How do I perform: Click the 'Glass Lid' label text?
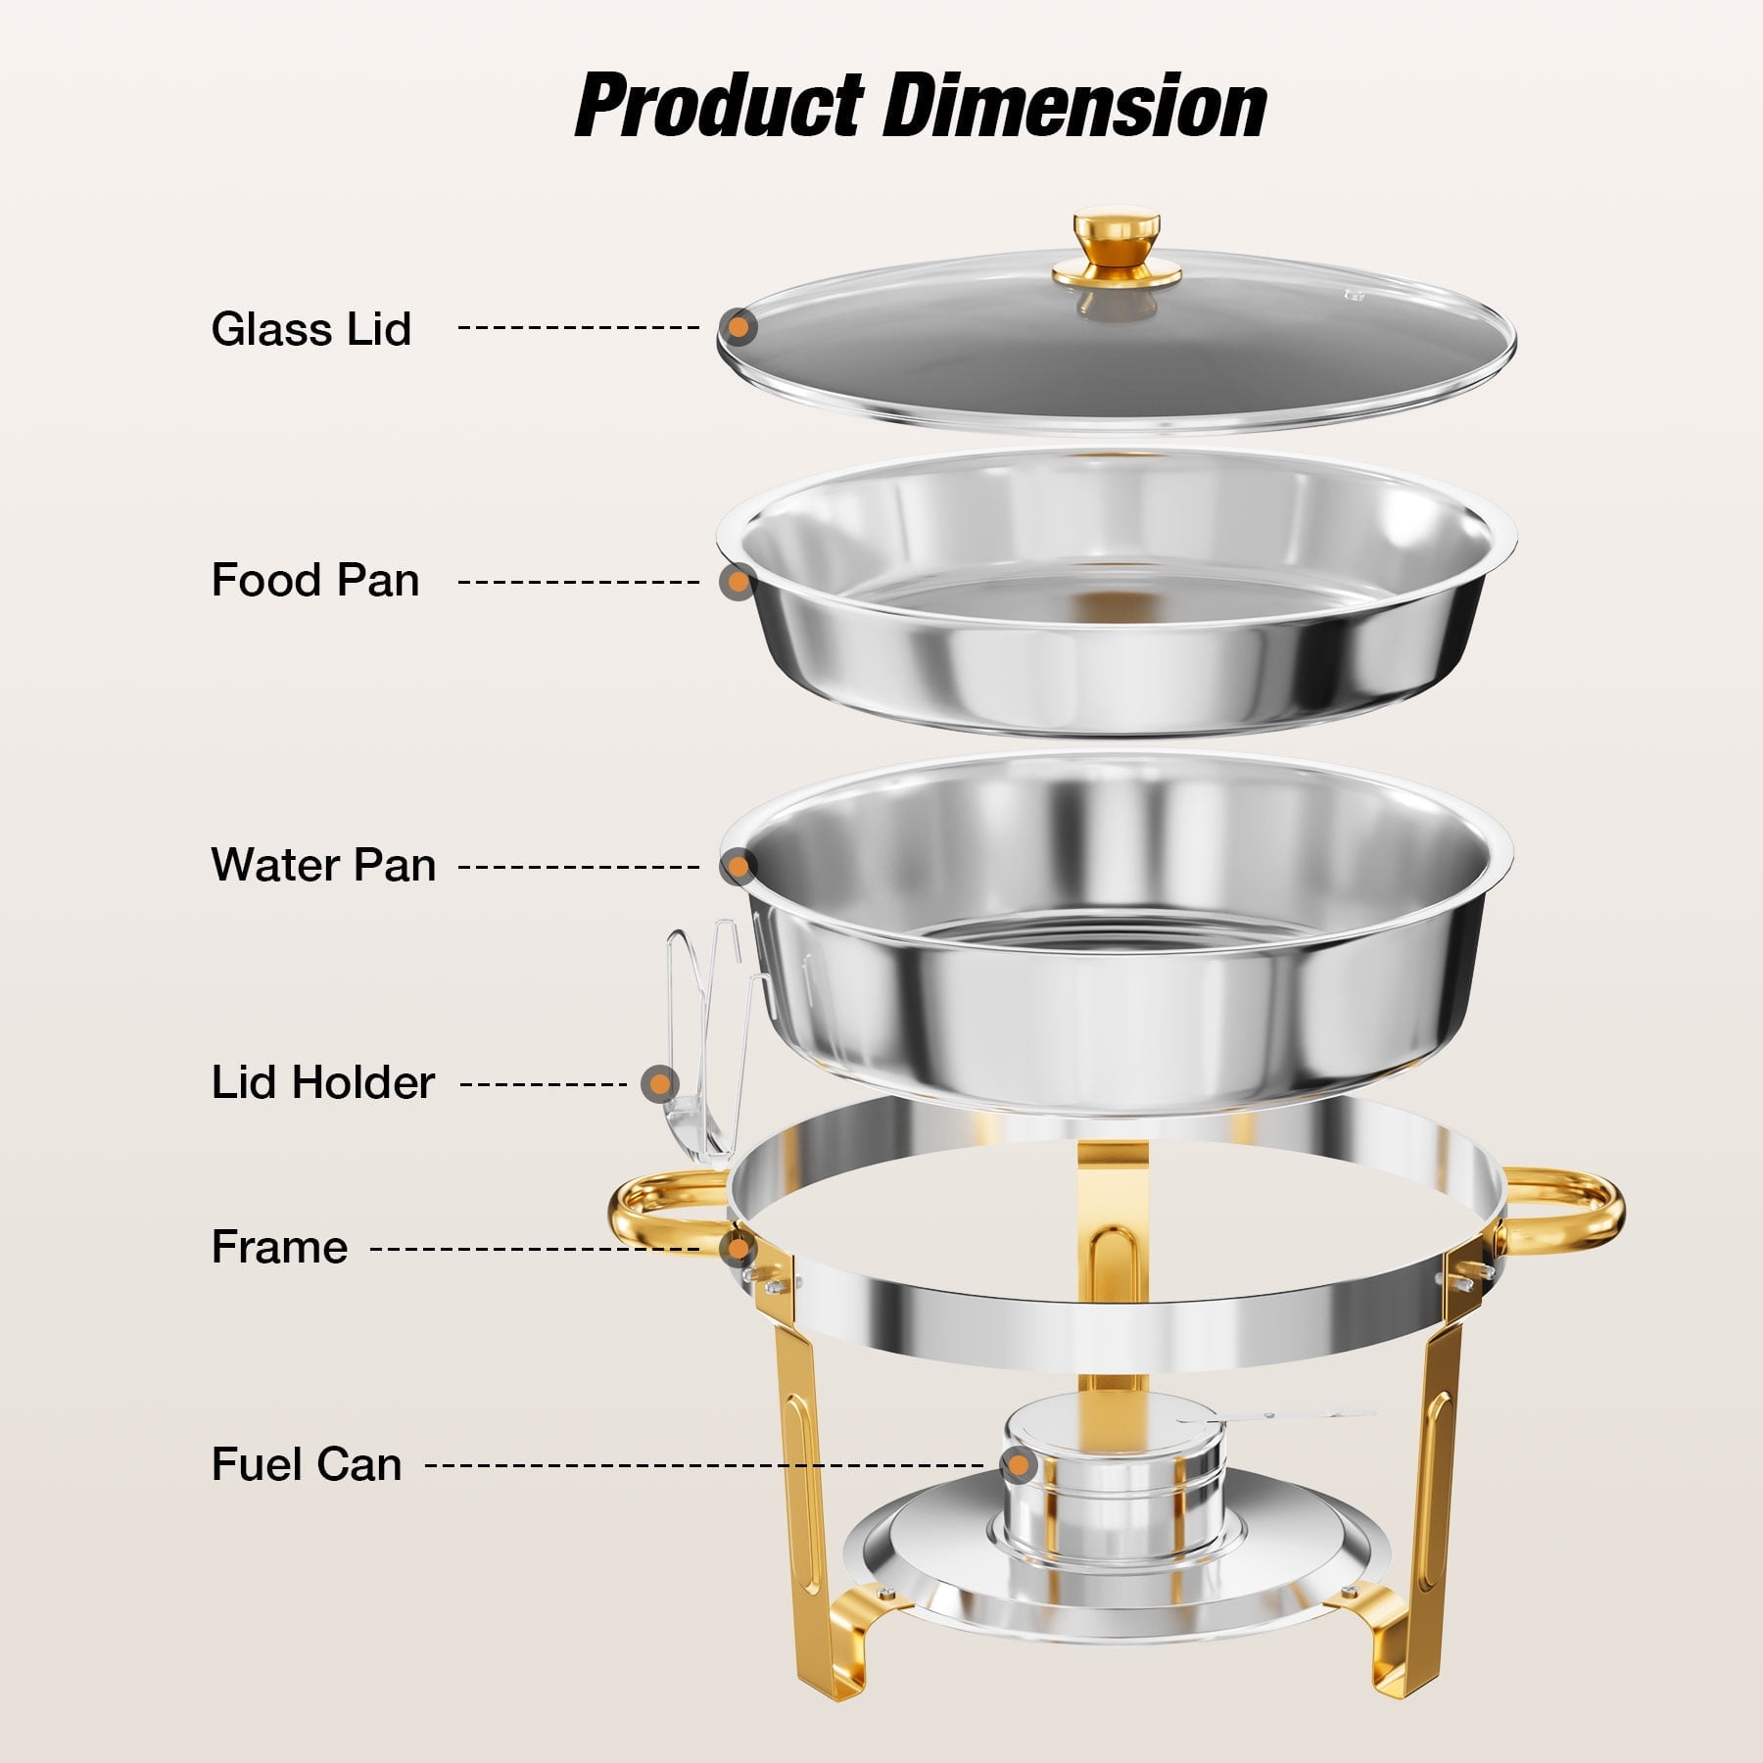[x=311, y=329]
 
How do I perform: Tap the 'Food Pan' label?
[x=315, y=580]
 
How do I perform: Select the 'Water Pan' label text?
[x=323, y=865]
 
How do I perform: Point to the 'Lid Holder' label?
[x=323, y=1082]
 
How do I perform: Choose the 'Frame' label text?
[x=280, y=1248]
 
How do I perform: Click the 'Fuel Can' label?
[x=307, y=1465]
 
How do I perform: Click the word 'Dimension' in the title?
[x=1074, y=107]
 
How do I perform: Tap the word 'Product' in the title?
[x=720, y=107]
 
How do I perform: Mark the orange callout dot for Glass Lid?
[x=738, y=326]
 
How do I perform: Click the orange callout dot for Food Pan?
[x=738, y=582]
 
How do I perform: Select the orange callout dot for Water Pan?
[x=738, y=866]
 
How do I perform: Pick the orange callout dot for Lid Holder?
[x=660, y=1084]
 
